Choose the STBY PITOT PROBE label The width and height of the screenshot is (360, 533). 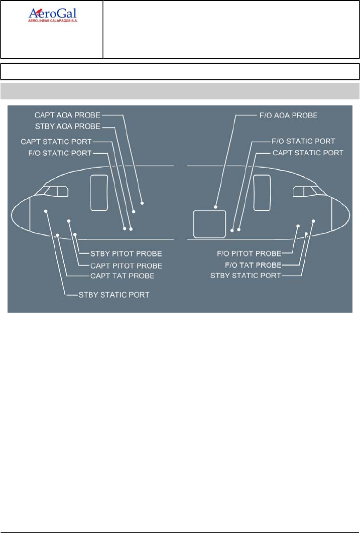[x=126, y=253]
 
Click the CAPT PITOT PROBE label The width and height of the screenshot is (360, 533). [x=126, y=265]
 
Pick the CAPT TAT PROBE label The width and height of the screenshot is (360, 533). [x=122, y=276]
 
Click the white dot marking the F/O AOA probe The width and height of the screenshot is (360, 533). [x=215, y=206]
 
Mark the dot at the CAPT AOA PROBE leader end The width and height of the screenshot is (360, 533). [x=142, y=203]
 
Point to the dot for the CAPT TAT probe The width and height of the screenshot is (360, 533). [x=58, y=235]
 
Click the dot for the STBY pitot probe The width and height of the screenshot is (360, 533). [x=75, y=234]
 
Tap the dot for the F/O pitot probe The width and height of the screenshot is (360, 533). [x=298, y=226]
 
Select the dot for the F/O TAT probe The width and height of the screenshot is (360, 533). [x=306, y=234]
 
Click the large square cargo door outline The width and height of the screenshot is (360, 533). [x=209, y=224]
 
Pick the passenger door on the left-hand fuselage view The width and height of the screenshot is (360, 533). [x=98, y=193]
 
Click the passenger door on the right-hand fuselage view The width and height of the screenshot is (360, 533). [x=263, y=193]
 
